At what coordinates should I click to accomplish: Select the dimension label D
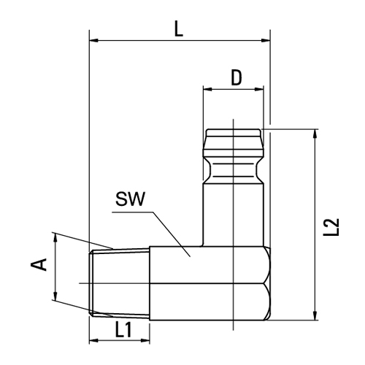click(235, 77)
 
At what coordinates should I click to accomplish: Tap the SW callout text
click(131, 199)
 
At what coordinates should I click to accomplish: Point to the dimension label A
click(42, 264)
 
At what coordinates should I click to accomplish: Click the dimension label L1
click(123, 329)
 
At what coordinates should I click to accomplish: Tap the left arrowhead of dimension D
click(207, 91)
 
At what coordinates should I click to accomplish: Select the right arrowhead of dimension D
click(259, 91)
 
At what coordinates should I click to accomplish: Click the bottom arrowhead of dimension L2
click(315, 315)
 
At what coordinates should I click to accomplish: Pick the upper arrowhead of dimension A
click(55, 237)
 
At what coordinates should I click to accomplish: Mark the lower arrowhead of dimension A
click(55, 296)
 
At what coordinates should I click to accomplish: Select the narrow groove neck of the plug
click(233, 172)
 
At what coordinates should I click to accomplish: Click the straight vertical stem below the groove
click(233, 215)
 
